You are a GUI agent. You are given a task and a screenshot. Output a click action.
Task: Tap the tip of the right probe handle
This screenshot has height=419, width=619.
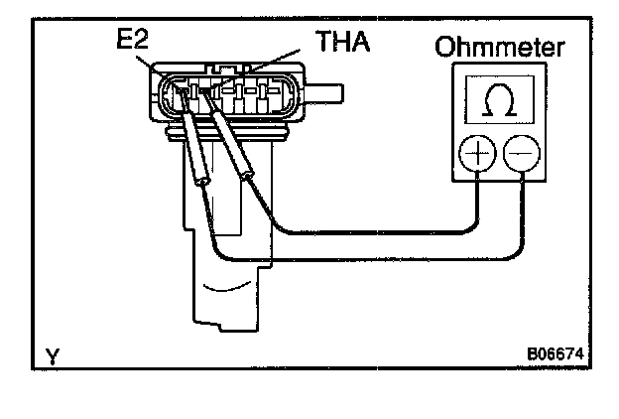tap(249, 176)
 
